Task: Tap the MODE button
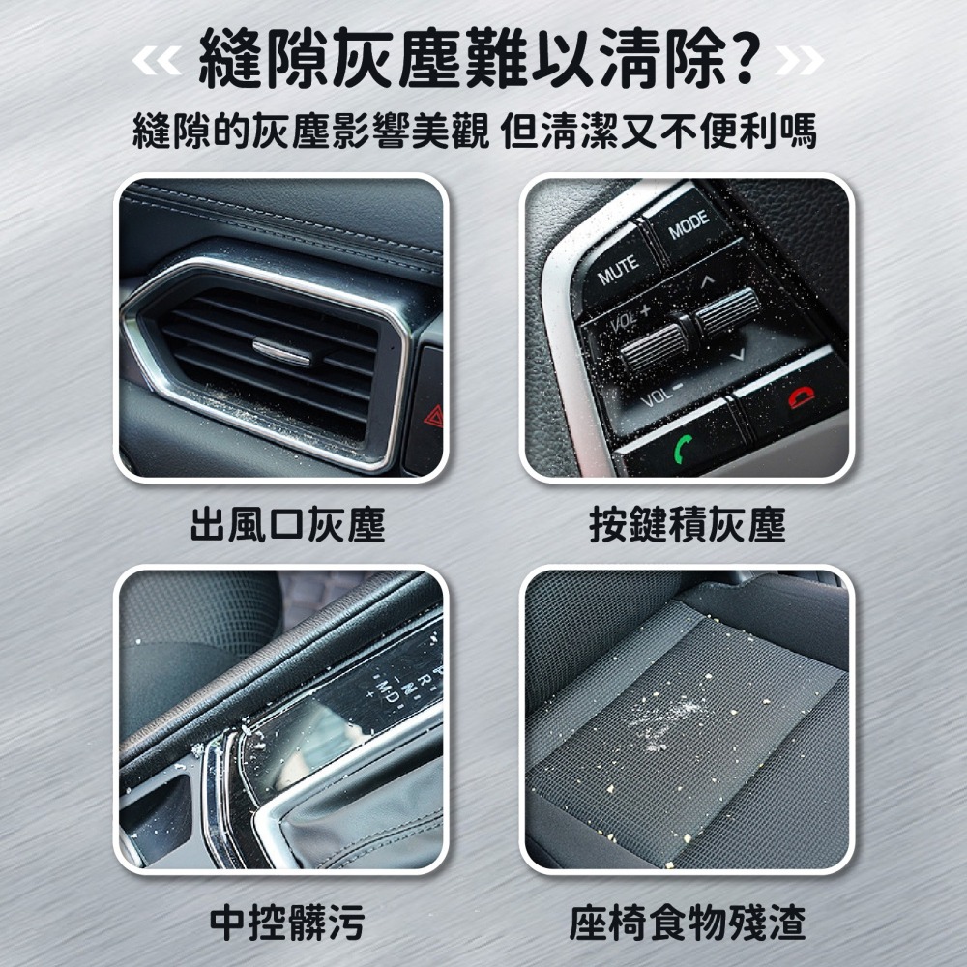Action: (689, 224)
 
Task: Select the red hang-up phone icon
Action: (801, 397)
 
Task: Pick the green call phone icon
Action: (683, 448)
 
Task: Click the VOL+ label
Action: (630, 317)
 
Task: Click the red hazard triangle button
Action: (433, 417)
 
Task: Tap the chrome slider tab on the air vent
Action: (281, 350)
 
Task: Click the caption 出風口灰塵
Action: (287, 525)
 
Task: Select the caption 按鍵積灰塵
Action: (687, 525)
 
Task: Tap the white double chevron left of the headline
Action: (156, 60)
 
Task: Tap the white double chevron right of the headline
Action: (800, 60)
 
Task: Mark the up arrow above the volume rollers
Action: (707, 281)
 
